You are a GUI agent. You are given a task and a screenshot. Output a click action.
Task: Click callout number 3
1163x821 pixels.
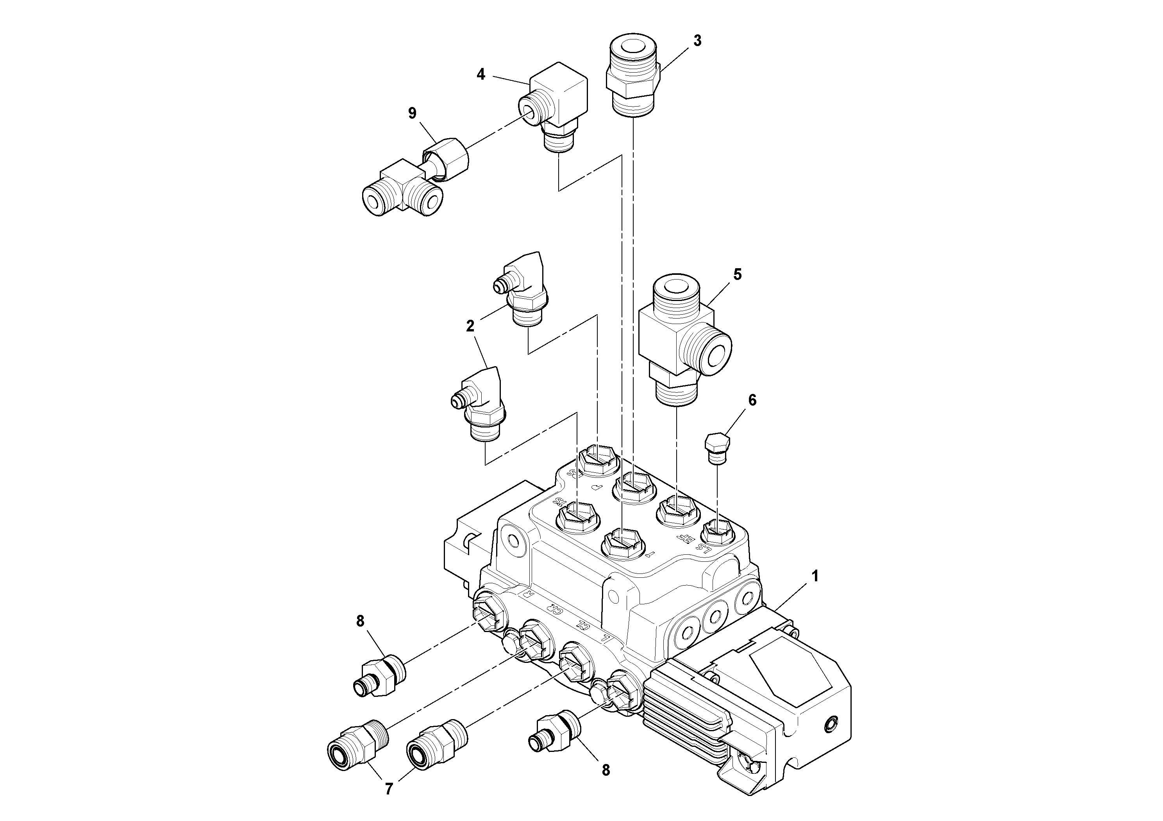[x=697, y=41]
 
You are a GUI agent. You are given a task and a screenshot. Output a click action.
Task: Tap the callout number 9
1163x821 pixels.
[x=412, y=113]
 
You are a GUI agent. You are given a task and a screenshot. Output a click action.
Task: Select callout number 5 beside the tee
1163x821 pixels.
[x=737, y=274]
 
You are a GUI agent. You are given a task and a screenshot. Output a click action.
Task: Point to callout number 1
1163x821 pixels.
[x=815, y=575]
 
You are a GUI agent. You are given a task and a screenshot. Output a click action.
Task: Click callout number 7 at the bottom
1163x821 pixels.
[x=388, y=789]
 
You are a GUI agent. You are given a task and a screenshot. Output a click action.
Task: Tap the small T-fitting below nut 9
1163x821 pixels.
[x=400, y=192]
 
